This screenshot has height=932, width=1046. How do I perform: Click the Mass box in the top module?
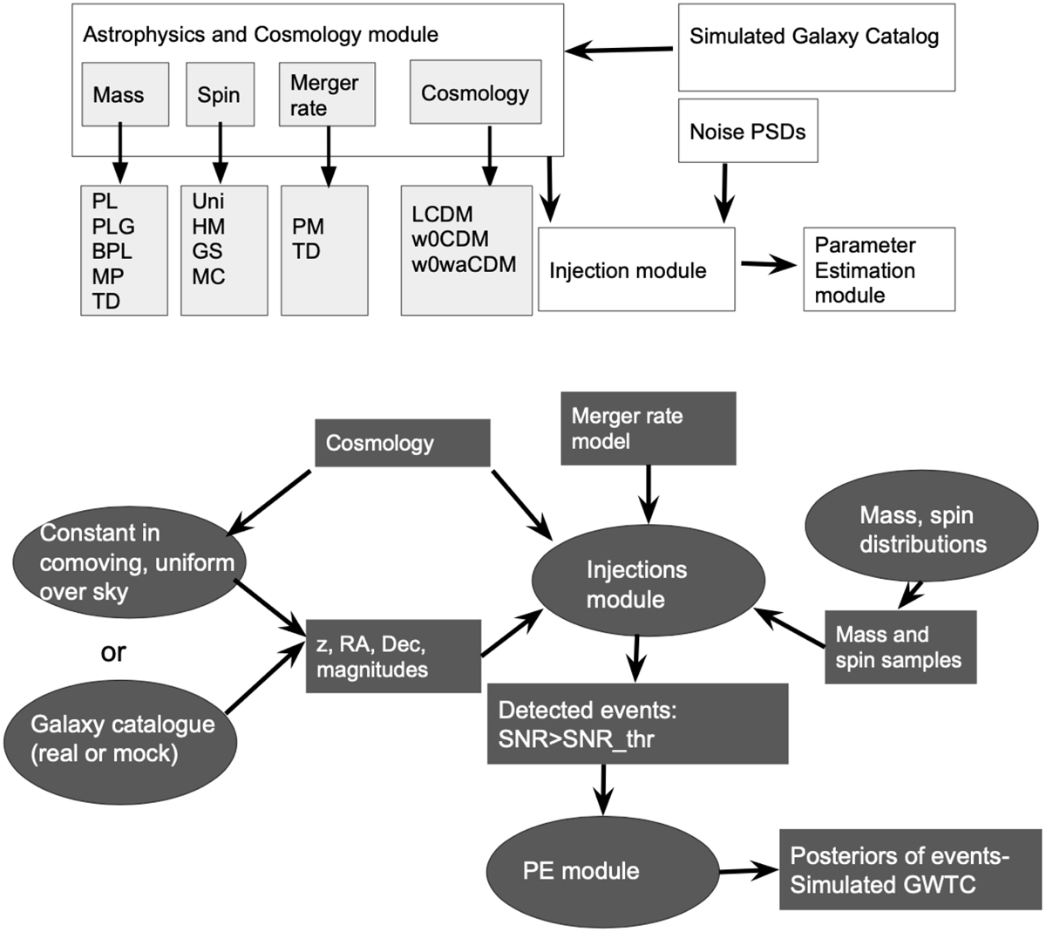point(118,93)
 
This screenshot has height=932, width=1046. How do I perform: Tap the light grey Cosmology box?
point(475,92)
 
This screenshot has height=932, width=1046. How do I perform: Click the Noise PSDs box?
point(748,131)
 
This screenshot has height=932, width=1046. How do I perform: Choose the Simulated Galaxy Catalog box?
point(815,48)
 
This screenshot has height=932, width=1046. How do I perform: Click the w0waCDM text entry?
point(464,263)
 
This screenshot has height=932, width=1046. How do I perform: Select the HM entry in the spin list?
point(208,227)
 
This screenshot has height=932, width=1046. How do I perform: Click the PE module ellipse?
point(581,870)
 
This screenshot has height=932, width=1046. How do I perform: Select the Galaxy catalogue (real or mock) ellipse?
point(121,738)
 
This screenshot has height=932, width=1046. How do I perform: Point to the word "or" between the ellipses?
point(113,652)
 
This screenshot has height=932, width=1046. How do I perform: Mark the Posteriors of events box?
point(909,869)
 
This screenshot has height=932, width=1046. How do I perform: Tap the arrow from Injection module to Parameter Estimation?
point(768,267)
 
